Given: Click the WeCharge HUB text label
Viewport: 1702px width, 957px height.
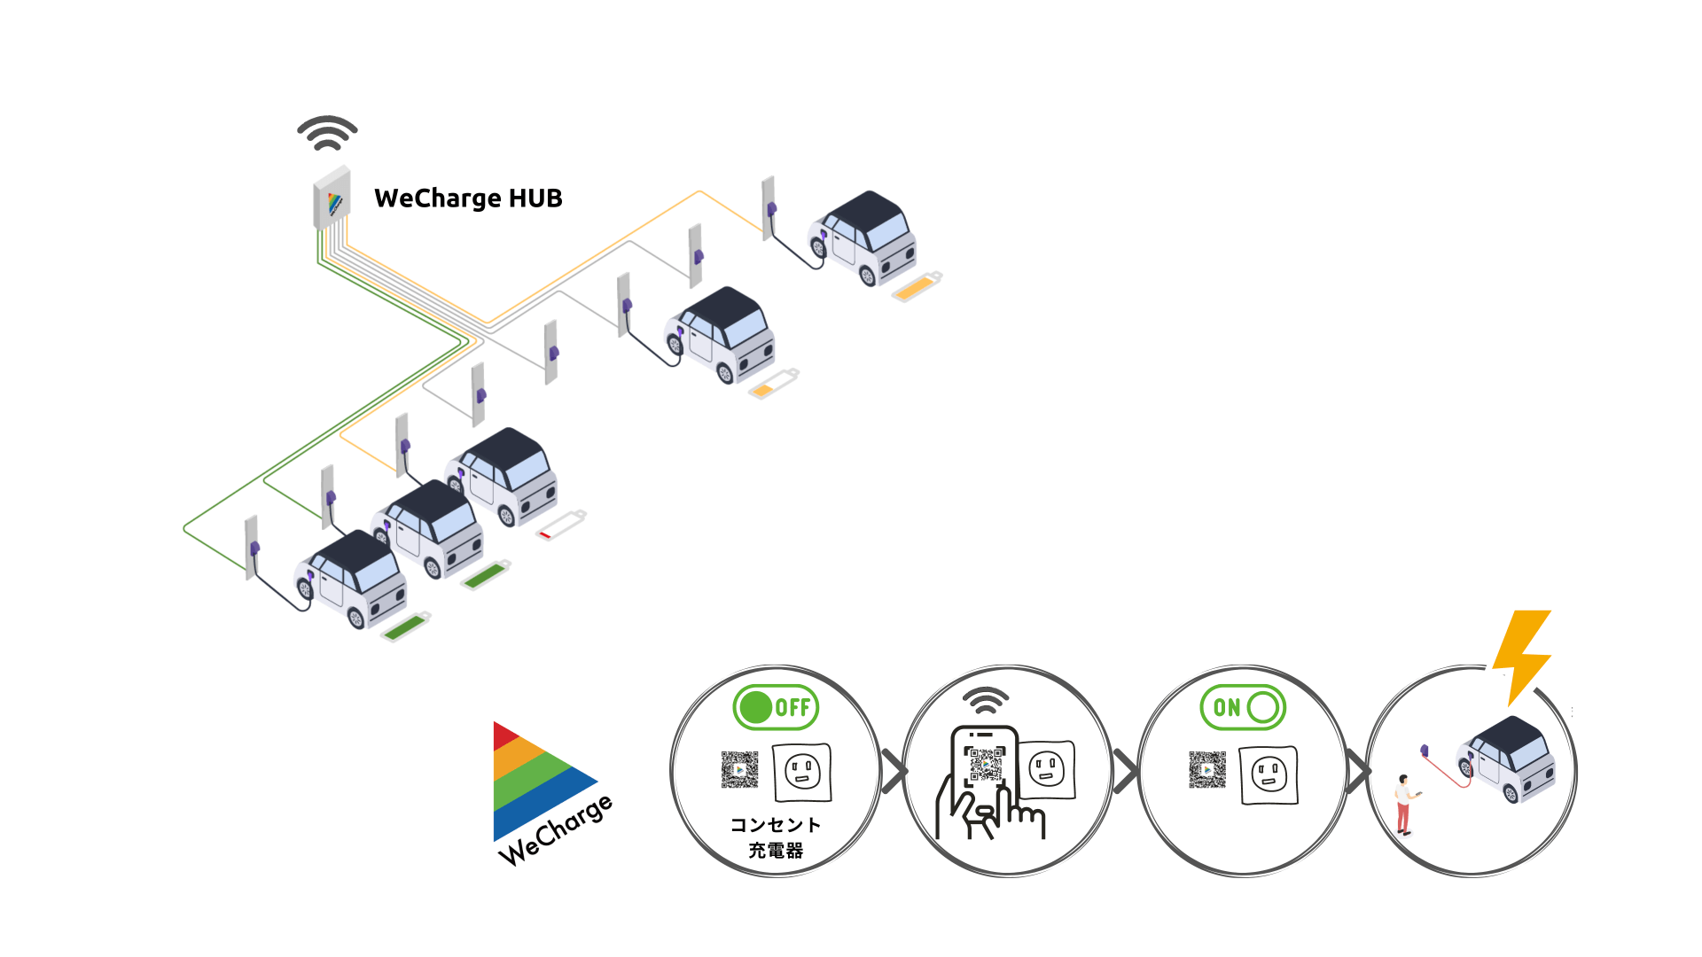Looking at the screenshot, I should pyautogui.click(x=468, y=198).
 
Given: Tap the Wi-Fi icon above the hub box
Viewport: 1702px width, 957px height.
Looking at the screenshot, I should pyautogui.click(x=327, y=133).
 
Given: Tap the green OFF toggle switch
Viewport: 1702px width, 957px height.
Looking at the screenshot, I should pyautogui.click(x=776, y=707).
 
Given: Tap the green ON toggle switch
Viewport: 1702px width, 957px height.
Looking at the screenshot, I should pyautogui.click(x=1243, y=707).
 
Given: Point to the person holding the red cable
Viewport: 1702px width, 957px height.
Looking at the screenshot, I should pyautogui.click(x=1404, y=805).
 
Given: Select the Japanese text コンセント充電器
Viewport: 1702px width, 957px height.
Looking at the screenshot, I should pyautogui.click(x=776, y=837).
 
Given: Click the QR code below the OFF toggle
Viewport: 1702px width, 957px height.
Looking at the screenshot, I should pyautogui.click(x=739, y=770).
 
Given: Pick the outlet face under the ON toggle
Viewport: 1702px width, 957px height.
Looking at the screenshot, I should pyautogui.click(x=1269, y=775).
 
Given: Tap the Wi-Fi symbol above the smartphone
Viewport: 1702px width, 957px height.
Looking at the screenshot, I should pyautogui.click(x=986, y=700).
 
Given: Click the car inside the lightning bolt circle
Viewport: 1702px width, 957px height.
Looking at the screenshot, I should pyautogui.click(x=1507, y=759).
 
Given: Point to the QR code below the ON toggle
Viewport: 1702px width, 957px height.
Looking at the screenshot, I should pyautogui.click(x=1207, y=770).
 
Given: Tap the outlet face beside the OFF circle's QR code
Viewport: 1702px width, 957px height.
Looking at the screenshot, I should pyautogui.click(x=802, y=772).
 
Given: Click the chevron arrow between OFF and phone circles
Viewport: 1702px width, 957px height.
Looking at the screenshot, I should pyautogui.click(x=894, y=771).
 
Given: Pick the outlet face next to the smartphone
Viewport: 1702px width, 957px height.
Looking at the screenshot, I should pyautogui.click(x=1047, y=769).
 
